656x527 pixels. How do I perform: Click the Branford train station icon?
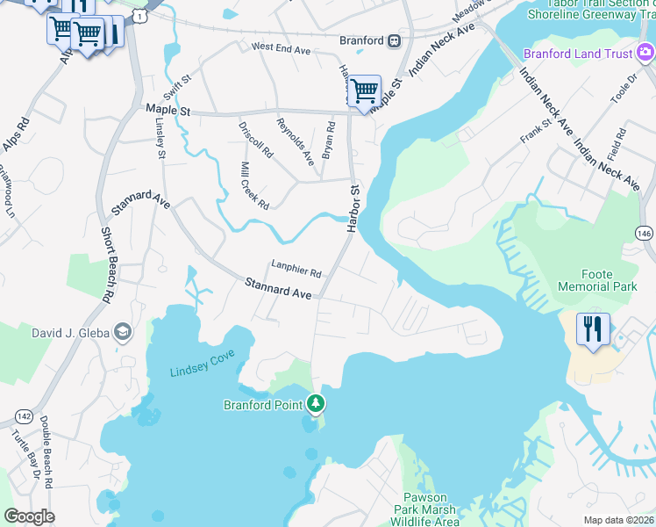tap(395, 40)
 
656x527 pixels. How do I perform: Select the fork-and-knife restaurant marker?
tap(593, 330)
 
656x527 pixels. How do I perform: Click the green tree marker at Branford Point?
tap(316, 404)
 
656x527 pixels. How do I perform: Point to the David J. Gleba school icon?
tap(123, 331)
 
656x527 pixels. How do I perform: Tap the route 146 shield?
tap(644, 233)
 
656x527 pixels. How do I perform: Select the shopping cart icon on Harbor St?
tap(363, 91)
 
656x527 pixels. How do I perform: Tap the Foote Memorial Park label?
tap(596, 280)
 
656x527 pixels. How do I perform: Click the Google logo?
tap(29, 516)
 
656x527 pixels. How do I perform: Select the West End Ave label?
tap(281, 49)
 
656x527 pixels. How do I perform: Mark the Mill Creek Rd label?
tap(254, 184)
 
